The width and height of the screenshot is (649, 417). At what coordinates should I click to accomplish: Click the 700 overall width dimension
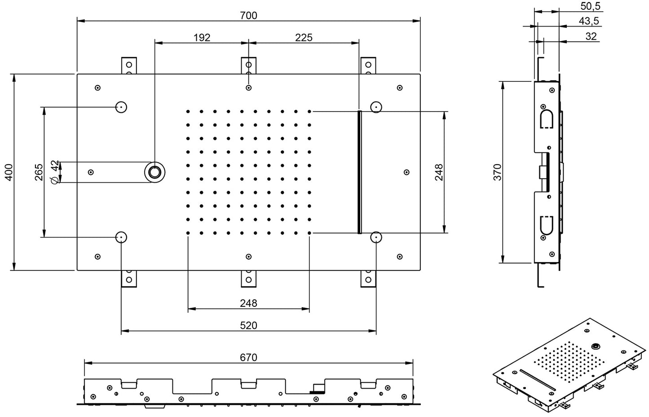pyautogui.click(x=248, y=15)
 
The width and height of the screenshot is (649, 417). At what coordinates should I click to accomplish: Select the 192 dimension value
pyautogui.click(x=202, y=37)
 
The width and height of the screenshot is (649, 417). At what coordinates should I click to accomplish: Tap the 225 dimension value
pyautogui.click(x=304, y=37)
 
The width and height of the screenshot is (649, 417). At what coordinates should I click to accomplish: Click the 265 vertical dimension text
pyautogui.click(x=39, y=172)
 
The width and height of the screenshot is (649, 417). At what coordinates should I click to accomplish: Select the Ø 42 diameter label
pyautogui.click(x=55, y=172)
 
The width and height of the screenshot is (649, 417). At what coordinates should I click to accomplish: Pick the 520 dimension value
pyautogui.click(x=248, y=325)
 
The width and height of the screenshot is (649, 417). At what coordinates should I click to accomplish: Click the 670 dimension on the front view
pyautogui.click(x=248, y=357)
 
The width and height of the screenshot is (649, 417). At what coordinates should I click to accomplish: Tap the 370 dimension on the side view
pyautogui.click(x=497, y=172)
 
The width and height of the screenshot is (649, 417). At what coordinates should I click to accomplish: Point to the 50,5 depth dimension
pyautogui.click(x=590, y=6)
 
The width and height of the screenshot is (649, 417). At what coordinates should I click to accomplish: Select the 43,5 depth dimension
pyautogui.click(x=589, y=21)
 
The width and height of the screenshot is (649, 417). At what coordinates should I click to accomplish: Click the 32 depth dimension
pyautogui.click(x=591, y=36)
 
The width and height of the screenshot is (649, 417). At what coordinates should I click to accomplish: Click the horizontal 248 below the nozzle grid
pyautogui.click(x=248, y=303)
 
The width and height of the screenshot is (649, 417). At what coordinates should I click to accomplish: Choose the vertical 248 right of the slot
pyautogui.click(x=439, y=172)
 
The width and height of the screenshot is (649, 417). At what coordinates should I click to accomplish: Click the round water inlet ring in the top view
pyautogui.click(x=155, y=172)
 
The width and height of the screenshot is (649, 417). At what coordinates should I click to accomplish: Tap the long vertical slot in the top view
pyautogui.click(x=359, y=172)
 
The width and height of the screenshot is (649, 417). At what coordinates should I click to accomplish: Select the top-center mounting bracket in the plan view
pyautogui.click(x=249, y=66)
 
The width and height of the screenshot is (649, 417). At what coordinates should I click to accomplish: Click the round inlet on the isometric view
pyautogui.click(x=596, y=346)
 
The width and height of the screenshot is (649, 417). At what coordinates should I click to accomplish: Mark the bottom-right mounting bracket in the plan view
pyautogui.click(x=368, y=278)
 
